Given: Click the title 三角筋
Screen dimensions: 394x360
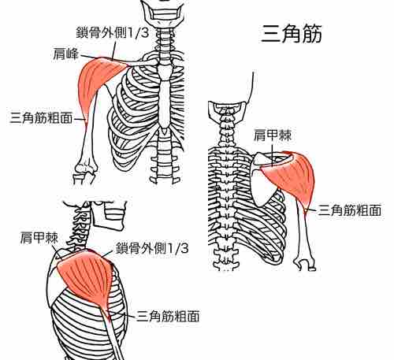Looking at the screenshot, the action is point(292,33).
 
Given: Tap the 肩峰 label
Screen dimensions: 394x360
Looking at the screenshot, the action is point(65,54).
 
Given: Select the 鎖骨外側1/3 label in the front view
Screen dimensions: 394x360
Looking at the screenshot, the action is point(113,32).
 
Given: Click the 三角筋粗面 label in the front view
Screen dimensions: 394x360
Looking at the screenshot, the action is point(41,117).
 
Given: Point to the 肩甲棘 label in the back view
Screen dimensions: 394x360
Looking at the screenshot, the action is point(273,135).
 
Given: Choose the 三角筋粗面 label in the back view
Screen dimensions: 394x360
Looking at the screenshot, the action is point(350,210).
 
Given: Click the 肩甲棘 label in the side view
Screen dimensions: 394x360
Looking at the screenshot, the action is point(39,238).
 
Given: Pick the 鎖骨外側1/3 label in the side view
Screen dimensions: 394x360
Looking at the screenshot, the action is point(152,248).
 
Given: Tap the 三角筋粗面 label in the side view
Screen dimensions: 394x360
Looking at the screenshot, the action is point(168,316).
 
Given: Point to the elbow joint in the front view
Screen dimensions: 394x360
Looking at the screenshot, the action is point(84,172).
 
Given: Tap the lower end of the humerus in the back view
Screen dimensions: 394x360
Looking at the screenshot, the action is point(305,263).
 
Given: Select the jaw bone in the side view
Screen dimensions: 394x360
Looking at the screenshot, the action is point(109,215).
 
